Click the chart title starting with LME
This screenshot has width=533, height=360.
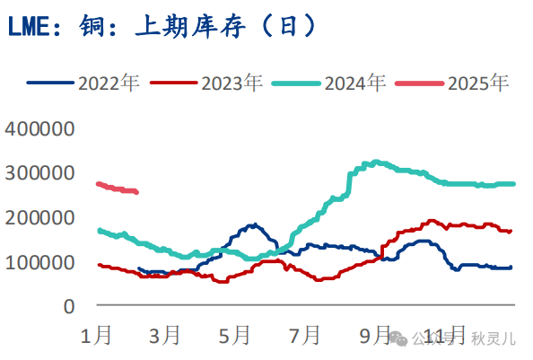162,26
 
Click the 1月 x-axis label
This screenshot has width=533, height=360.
96,337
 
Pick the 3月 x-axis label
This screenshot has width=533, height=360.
165,337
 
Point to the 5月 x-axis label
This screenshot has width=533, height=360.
234,337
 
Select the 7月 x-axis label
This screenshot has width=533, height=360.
304,337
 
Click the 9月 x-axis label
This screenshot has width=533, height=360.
373,337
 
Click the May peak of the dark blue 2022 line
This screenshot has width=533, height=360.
254,224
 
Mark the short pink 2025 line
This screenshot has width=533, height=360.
117,188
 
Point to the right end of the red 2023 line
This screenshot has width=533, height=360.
511,232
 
